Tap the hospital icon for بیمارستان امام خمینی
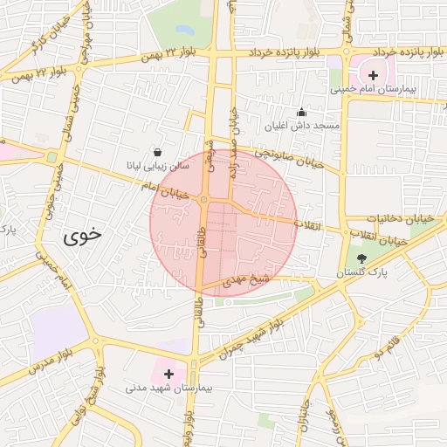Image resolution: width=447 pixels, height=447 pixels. click(375, 75)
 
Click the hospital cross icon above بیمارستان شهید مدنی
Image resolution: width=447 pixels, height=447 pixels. click(168, 373)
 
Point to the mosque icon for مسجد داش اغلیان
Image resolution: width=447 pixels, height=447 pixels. click(302, 112)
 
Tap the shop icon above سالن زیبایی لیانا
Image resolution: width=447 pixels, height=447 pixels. click(156, 151)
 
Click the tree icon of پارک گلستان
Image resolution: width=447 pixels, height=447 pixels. click(362, 258)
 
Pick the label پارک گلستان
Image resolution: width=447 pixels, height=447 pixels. click(363, 273)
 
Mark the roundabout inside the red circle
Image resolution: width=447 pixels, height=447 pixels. click(203, 201)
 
